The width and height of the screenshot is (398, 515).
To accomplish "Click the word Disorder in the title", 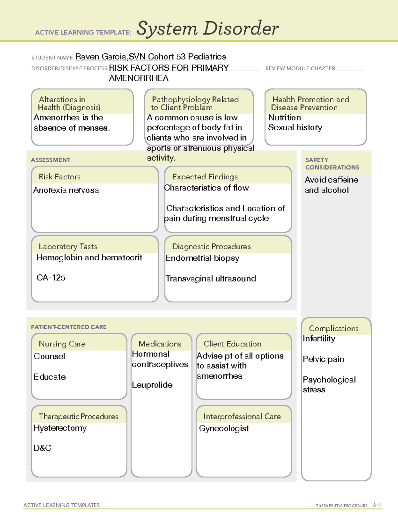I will tap(241, 29).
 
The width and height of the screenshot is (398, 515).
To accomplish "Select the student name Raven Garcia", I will tap(100, 57).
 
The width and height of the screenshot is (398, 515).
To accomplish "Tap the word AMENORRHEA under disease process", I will tap(139, 78).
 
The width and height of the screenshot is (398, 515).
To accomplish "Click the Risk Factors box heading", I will tap(59, 177).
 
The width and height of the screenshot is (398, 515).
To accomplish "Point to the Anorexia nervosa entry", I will tap(66, 190).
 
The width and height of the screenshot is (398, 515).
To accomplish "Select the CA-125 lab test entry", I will tap(51, 278).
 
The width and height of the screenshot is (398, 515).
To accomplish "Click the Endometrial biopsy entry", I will tap(202, 258).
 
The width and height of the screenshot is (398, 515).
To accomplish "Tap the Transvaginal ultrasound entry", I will tap(211, 279).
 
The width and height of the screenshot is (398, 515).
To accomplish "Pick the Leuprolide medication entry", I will tap(152, 385).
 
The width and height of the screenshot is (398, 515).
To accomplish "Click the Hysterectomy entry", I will tap(60, 428).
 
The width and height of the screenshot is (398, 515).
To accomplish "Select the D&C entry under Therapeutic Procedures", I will tap(42, 448).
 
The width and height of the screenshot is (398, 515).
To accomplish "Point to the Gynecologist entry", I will tap(224, 428).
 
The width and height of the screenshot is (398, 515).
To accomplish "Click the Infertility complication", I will tap(319, 339).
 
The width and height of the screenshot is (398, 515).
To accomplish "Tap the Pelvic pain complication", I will tap(323, 359).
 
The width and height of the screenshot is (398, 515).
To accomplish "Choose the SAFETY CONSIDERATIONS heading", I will tap(332, 163).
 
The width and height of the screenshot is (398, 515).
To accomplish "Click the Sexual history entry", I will tap(295, 128).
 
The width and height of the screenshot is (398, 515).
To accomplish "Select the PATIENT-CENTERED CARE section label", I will tap(69, 327).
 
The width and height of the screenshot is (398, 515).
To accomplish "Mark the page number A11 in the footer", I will tap(377, 505).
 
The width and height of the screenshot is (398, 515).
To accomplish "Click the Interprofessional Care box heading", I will tap(242, 417).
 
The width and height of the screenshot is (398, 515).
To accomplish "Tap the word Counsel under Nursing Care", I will tap(49, 356).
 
